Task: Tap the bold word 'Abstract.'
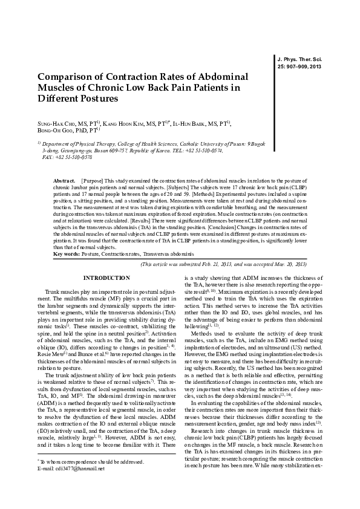[x=64, y=181]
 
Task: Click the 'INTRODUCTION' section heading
[x=106, y=278]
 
